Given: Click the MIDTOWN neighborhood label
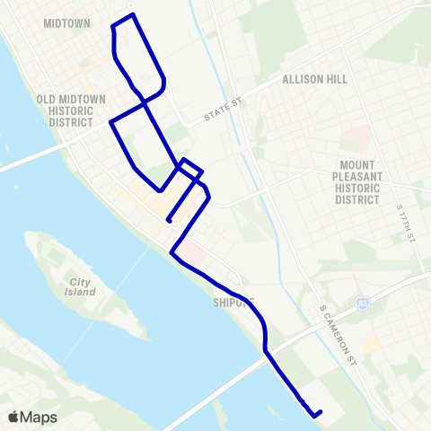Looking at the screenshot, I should tap(66, 23).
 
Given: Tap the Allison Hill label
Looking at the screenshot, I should tap(314, 79).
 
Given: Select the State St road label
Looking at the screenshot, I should tap(224, 105).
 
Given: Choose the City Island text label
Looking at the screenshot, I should tap(82, 287).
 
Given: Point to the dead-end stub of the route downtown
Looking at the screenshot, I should tap(168, 221).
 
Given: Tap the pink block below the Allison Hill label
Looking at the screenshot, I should tap(357, 138).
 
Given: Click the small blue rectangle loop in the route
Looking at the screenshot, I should tap(189, 167).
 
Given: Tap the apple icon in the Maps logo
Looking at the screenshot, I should tap(13, 417).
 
